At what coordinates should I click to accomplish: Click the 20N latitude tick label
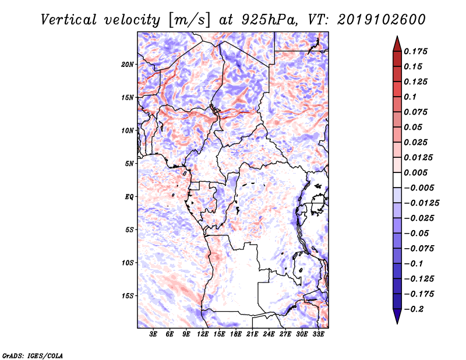tap(128, 65)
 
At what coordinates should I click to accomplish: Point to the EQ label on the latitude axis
tap(129, 197)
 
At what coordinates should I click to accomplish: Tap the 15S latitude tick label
tap(128, 296)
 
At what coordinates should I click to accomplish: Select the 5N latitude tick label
tap(129, 164)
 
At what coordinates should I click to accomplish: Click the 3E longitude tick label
tap(153, 334)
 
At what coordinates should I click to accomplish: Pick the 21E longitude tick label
tap(252, 334)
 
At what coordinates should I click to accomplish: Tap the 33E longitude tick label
tap(318, 334)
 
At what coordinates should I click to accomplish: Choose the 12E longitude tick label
tap(203, 334)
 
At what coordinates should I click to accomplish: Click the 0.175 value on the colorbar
tap(415, 51)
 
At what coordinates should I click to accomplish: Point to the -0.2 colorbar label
tap(414, 309)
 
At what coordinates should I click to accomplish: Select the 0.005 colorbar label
tap(415, 172)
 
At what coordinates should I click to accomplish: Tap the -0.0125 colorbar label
tap(421, 203)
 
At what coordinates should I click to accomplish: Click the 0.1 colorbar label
tap(410, 97)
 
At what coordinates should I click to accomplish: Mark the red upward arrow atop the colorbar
tap(397, 44)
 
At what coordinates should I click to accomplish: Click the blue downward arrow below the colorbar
tap(397, 316)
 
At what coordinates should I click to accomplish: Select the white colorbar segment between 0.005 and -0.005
tap(397, 180)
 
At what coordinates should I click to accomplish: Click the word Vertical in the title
tap(68, 20)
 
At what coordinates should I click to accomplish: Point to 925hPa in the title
tap(269, 20)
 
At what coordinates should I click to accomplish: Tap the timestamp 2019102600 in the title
tap(382, 20)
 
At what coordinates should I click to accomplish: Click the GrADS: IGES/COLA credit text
tap(33, 355)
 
